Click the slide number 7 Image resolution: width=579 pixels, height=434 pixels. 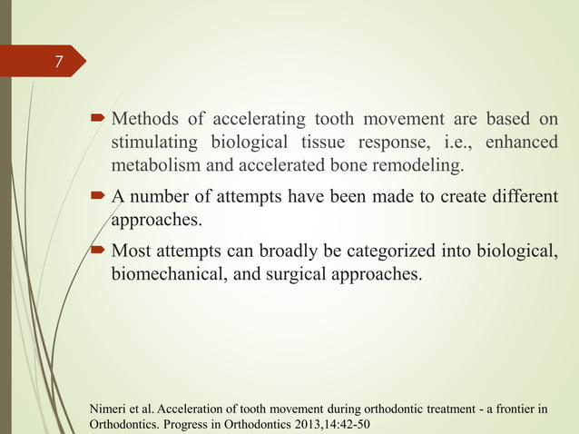[58, 62]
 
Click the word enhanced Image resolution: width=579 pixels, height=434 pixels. [522, 144]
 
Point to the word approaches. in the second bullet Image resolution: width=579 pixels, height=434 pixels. [154, 219]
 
